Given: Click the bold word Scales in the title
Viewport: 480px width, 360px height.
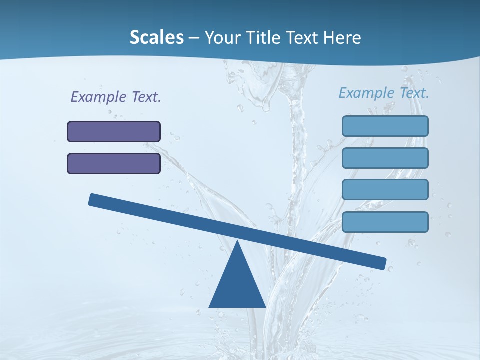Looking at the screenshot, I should click(156, 37).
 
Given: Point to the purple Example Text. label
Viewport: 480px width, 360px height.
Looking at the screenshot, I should click(116, 97).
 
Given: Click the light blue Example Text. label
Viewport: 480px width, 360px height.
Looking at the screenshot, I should click(384, 93).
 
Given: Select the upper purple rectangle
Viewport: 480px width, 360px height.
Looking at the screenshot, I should click(114, 131).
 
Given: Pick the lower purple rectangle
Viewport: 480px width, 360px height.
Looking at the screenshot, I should click(114, 163).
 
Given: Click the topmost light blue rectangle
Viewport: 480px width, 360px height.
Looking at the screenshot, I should click(385, 126).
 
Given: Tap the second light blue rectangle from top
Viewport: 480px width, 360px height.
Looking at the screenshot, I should click(385, 158).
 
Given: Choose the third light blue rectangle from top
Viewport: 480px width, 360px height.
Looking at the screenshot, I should click(385, 190).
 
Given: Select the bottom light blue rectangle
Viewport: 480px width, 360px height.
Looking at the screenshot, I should click(385, 222).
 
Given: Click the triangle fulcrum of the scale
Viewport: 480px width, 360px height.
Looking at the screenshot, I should click(237, 285).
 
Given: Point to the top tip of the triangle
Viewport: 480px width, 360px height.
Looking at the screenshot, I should click(237, 241).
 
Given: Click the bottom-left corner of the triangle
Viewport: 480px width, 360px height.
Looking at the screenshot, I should click(210, 306).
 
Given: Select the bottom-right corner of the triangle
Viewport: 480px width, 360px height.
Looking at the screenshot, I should click(265, 306).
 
